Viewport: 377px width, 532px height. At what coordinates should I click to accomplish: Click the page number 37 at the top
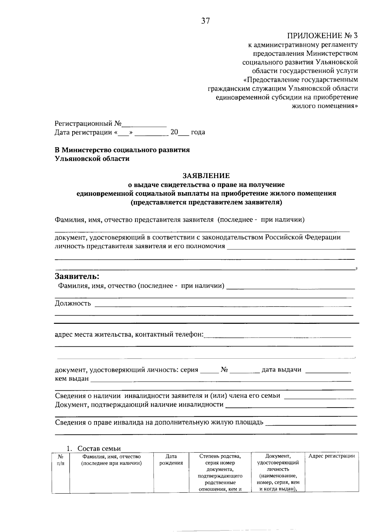pos(205,21)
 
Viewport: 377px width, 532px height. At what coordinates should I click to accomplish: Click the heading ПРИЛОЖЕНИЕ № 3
pos(323,35)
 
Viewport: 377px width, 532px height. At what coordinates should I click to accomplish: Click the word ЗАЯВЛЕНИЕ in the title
pos(206,176)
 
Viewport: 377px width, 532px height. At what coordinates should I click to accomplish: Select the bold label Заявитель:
pos(77,277)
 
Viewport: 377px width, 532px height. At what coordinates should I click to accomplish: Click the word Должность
pos(73,303)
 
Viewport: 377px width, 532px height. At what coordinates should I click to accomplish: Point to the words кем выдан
pos(72,379)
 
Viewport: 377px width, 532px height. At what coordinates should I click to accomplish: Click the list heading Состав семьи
pos(99,449)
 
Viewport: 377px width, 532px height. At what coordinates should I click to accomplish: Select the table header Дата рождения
pos(171,460)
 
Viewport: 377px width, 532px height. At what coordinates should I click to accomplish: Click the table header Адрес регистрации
pos(331,456)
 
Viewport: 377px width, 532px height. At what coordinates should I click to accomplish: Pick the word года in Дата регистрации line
pos(198,132)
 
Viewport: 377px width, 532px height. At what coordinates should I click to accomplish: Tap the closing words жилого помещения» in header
pos(325,106)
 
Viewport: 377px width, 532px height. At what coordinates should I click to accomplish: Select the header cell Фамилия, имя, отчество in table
pos(111,460)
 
